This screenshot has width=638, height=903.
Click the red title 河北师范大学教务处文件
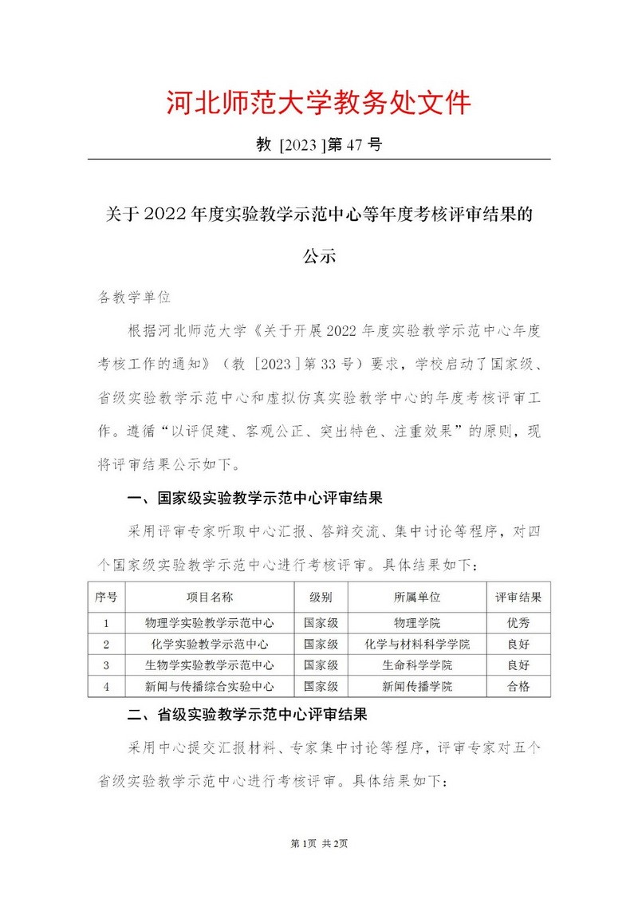[x=318, y=103]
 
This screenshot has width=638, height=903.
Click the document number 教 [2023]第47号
[x=318, y=145]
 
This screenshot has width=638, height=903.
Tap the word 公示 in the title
[x=318, y=257]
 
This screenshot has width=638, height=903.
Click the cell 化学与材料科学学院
[x=417, y=644]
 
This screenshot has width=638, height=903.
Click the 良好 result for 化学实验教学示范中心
[x=518, y=644]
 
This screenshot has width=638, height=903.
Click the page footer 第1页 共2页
[x=319, y=866]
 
